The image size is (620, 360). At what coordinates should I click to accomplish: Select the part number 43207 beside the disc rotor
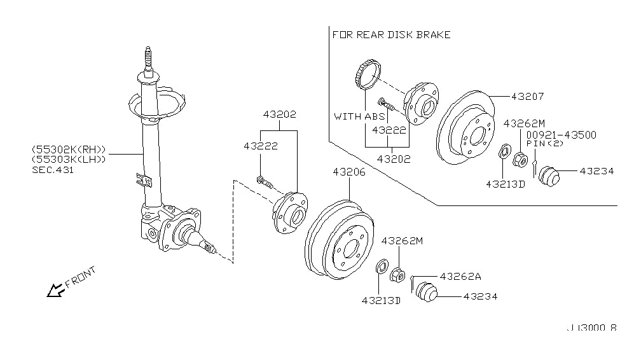click(x=527, y=97)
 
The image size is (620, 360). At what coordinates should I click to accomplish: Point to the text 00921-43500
click(x=560, y=135)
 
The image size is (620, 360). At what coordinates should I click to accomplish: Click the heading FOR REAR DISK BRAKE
click(x=391, y=34)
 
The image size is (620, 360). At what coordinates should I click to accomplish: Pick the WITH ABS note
click(x=359, y=116)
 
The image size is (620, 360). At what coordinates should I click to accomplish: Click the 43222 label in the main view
click(x=260, y=146)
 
